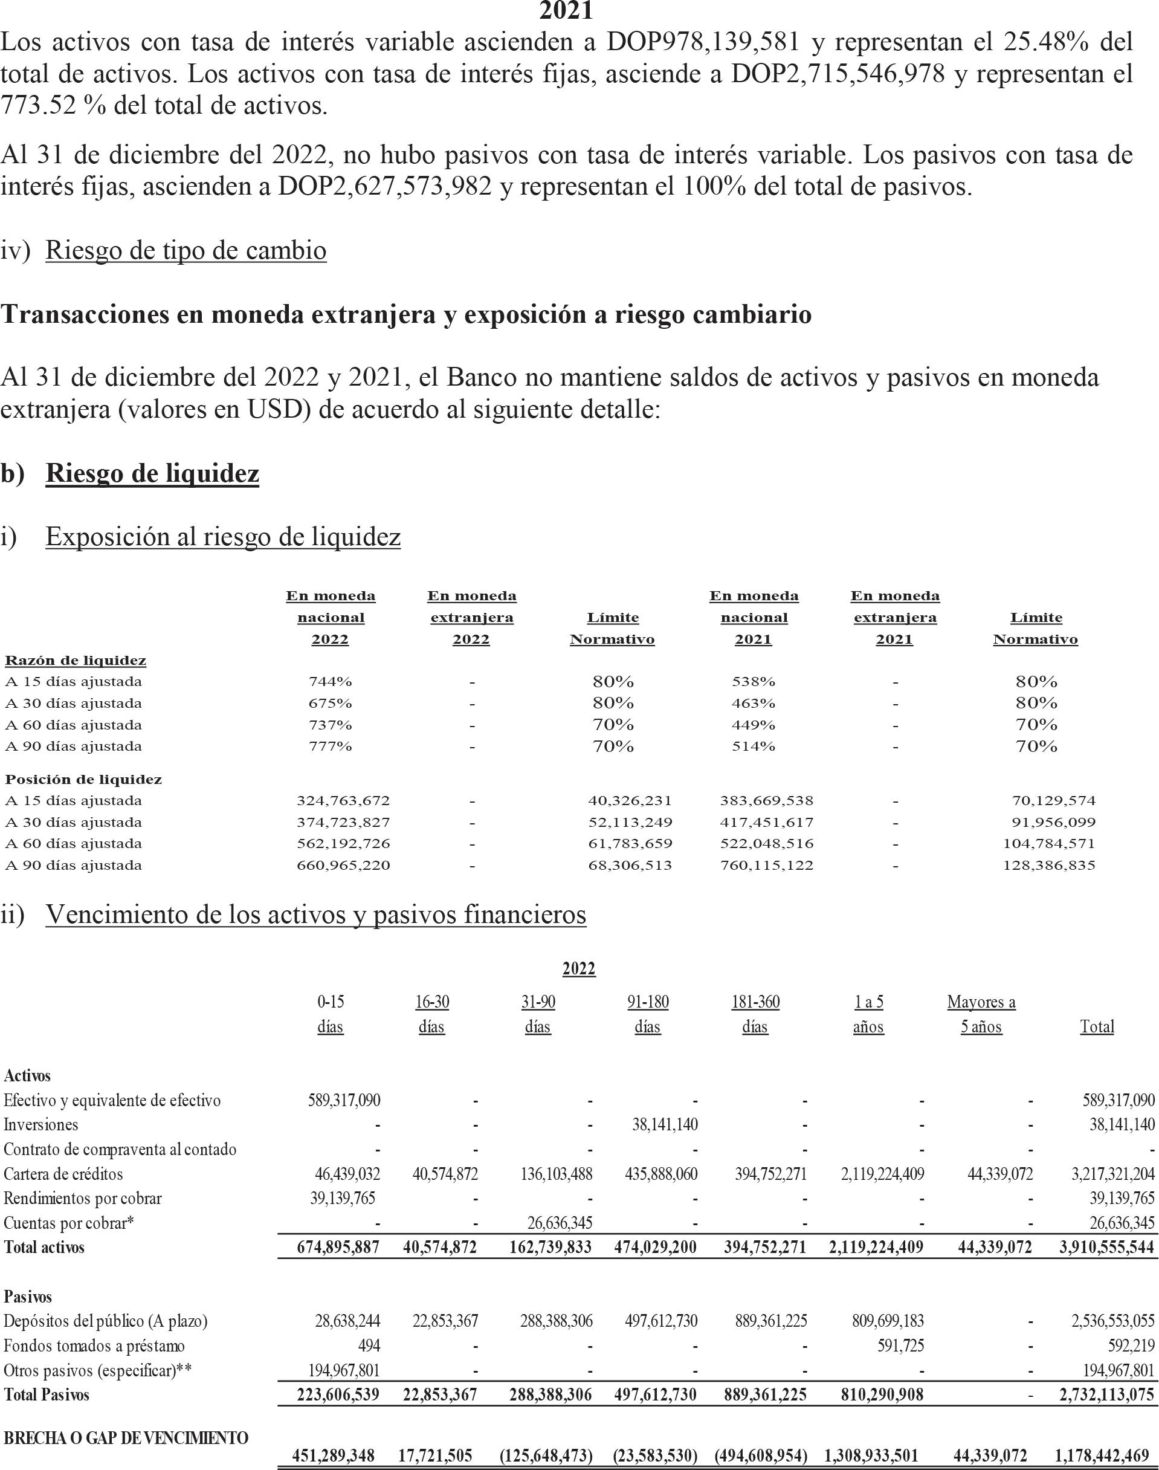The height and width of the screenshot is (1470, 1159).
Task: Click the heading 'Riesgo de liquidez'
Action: (152, 474)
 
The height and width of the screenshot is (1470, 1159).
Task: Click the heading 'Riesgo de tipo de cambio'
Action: (186, 250)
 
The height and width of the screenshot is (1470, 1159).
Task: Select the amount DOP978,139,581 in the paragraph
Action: (702, 42)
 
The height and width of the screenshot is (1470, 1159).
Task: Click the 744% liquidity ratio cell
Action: (330, 681)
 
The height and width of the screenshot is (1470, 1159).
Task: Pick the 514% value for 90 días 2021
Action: (753, 746)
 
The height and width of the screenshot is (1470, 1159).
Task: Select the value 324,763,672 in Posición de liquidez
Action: (343, 801)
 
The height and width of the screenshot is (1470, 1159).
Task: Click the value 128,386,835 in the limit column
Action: (1049, 866)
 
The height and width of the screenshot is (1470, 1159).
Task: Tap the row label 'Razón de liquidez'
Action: (76, 660)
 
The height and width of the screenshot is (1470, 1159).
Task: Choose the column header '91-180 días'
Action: (647, 1014)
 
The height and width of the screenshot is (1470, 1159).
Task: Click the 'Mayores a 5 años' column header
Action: (981, 1014)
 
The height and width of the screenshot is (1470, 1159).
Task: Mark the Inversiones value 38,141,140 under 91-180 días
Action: (664, 1124)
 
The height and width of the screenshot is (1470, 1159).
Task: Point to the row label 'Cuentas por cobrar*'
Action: (68, 1223)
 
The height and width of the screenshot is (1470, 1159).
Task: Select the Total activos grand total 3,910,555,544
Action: (1107, 1248)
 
